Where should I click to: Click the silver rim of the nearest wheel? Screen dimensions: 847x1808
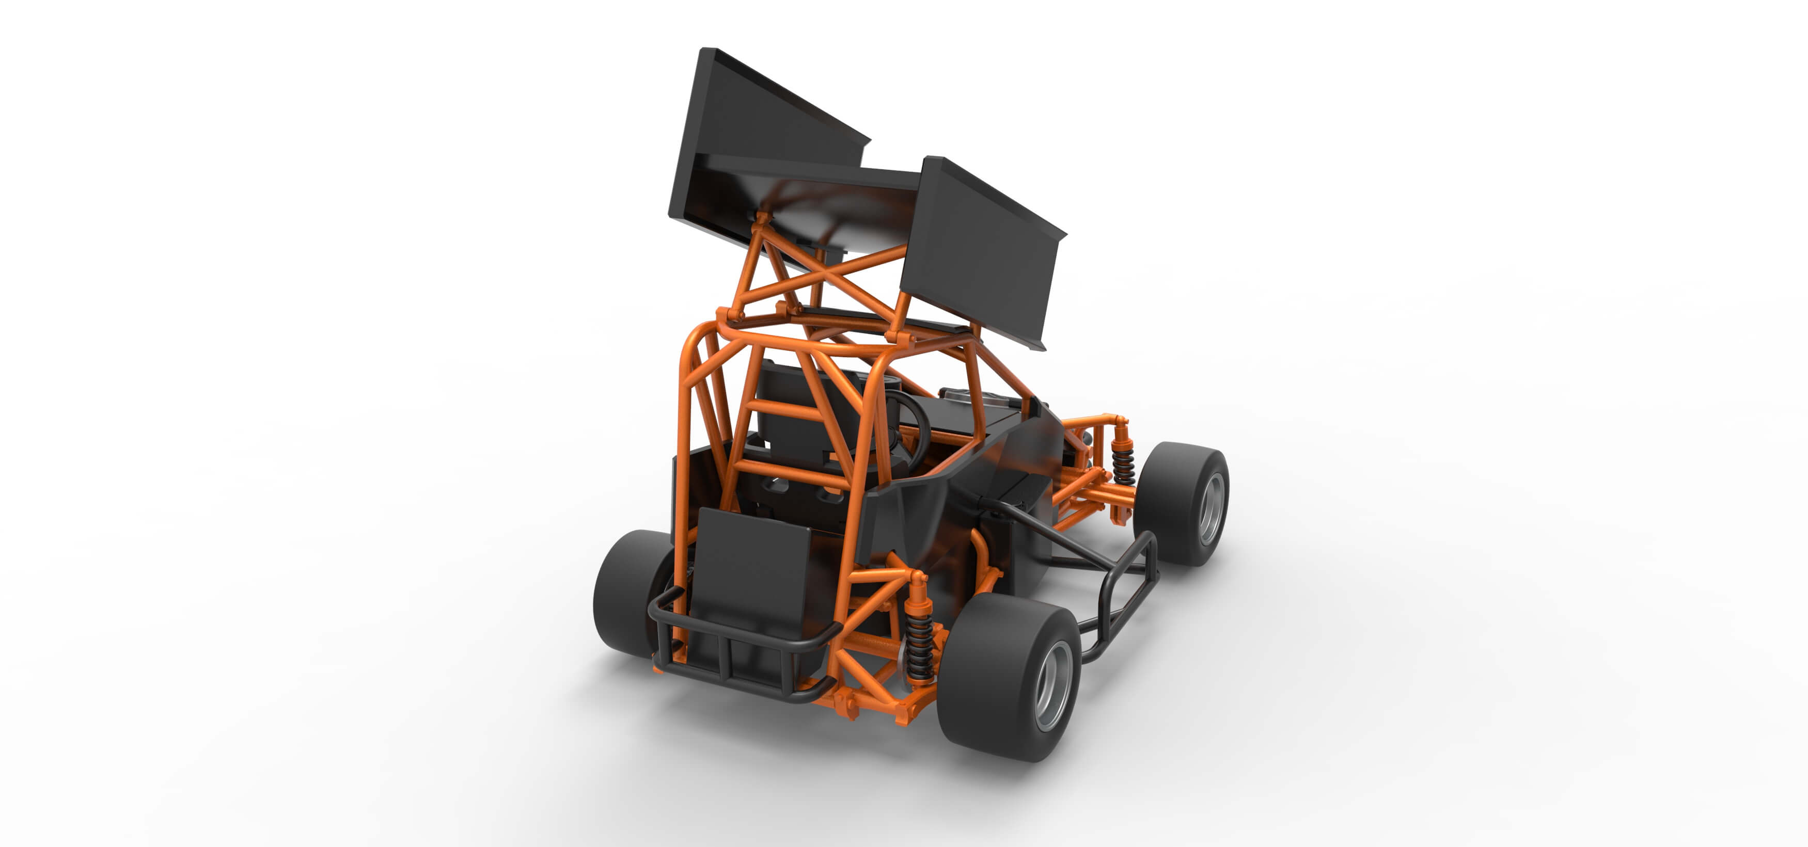pyautogui.click(x=1053, y=684)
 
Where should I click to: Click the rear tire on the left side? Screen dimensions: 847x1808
pyautogui.click(x=628, y=593)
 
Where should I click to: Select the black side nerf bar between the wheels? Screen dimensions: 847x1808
pyautogui.click(x=1123, y=597)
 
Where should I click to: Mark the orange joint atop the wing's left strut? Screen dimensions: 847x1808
pyautogui.click(x=762, y=219)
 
